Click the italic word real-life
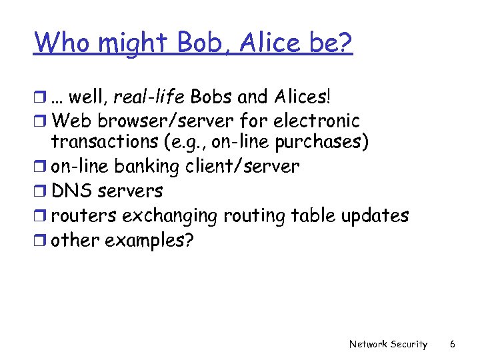point(149,97)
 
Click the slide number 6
point(452,344)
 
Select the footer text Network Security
point(388,344)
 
